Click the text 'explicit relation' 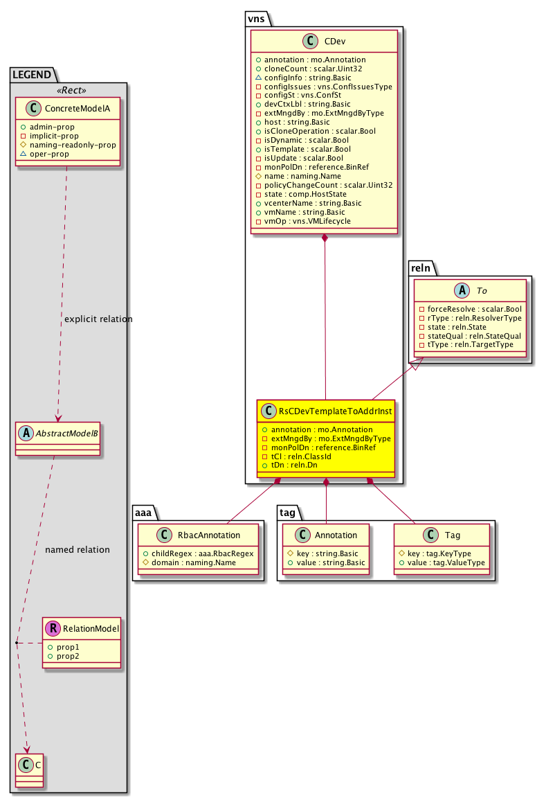click(x=98, y=319)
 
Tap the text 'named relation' click(x=77, y=550)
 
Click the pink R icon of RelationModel click(x=53, y=628)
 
